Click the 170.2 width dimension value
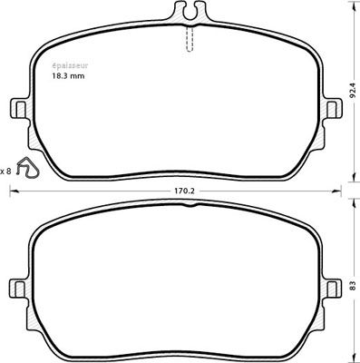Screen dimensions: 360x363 click(x=184, y=191)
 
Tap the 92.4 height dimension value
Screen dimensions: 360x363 click(x=352, y=91)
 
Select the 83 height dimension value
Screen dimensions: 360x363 click(x=352, y=285)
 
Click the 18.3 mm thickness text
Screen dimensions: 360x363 click(x=67, y=76)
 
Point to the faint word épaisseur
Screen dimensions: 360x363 click(x=70, y=65)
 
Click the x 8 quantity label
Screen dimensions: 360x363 click(x=5, y=172)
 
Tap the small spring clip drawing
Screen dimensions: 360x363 click(x=27, y=167)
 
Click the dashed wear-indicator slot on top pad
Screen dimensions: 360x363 click(x=190, y=39)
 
